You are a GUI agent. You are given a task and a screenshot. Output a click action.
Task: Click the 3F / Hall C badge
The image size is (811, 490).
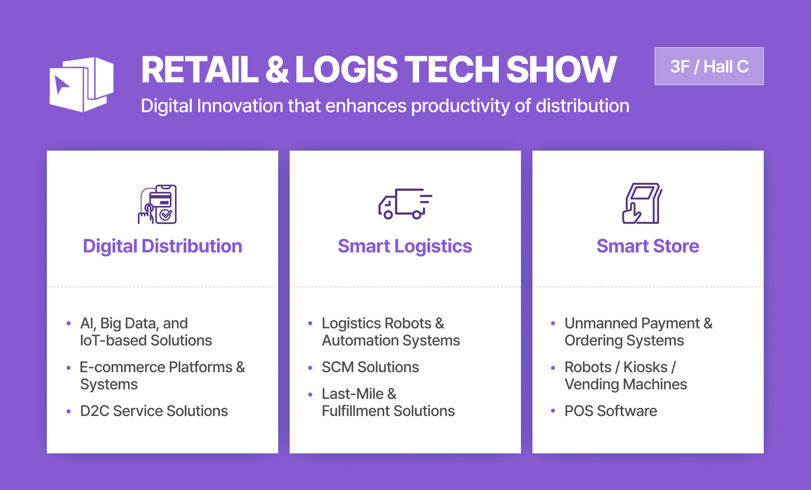[x=709, y=66]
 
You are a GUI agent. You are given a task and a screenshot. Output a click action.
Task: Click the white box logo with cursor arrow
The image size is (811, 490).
[x=81, y=84]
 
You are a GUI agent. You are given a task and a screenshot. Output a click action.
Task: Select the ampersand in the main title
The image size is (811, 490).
[x=277, y=70]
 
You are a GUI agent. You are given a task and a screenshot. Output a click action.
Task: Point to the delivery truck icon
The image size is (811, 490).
[x=404, y=204]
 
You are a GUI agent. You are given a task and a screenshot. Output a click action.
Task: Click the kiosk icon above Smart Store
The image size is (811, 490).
[x=642, y=203]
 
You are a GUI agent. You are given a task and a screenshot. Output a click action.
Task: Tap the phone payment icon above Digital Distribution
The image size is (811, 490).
[x=158, y=204]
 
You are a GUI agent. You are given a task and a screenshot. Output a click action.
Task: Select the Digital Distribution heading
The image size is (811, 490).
[x=162, y=246]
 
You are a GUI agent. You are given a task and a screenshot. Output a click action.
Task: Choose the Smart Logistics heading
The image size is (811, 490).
[x=404, y=246]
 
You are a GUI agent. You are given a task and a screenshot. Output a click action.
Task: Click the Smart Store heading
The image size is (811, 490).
[x=647, y=246]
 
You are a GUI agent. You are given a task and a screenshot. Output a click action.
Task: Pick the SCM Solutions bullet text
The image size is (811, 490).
[x=370, y=367]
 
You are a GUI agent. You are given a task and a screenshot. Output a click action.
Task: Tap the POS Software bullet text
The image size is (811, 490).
[x=610, y=411]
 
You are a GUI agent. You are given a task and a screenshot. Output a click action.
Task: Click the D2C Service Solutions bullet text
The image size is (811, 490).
[x=154, y=411]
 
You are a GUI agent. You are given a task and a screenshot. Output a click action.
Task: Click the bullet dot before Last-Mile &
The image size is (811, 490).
[x=310, y=394]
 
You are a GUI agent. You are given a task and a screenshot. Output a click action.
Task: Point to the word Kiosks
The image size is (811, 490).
[x=645, y=367]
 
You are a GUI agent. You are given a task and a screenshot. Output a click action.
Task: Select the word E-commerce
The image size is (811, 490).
[x=122, y=367]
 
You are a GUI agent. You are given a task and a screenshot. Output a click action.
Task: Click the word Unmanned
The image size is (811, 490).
[x=600, y=323]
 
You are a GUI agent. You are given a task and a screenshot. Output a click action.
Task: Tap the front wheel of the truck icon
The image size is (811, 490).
[x=388, y=215]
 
